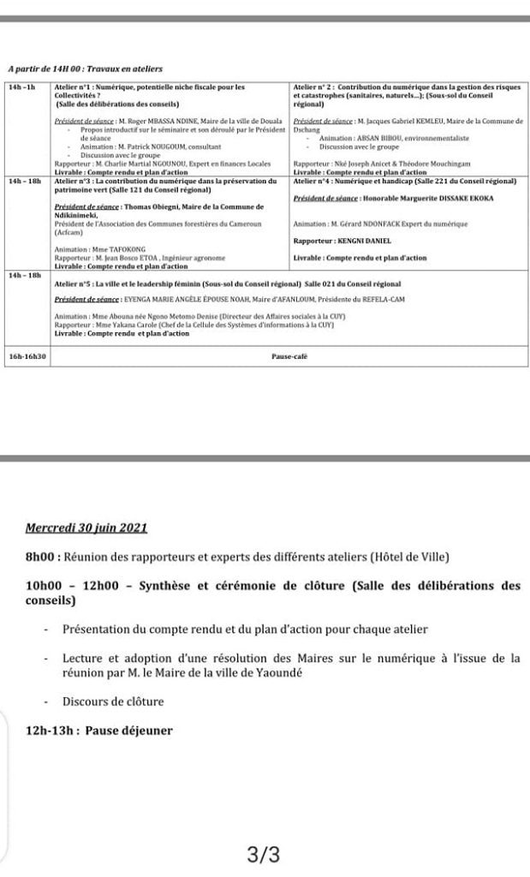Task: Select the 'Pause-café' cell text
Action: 289,355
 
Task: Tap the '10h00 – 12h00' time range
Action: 68,586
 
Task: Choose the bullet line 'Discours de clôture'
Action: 113,701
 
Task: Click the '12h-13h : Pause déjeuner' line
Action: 99,731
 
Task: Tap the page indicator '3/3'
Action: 263,854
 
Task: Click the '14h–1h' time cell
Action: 22,87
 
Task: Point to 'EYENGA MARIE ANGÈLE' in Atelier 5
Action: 156,299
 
